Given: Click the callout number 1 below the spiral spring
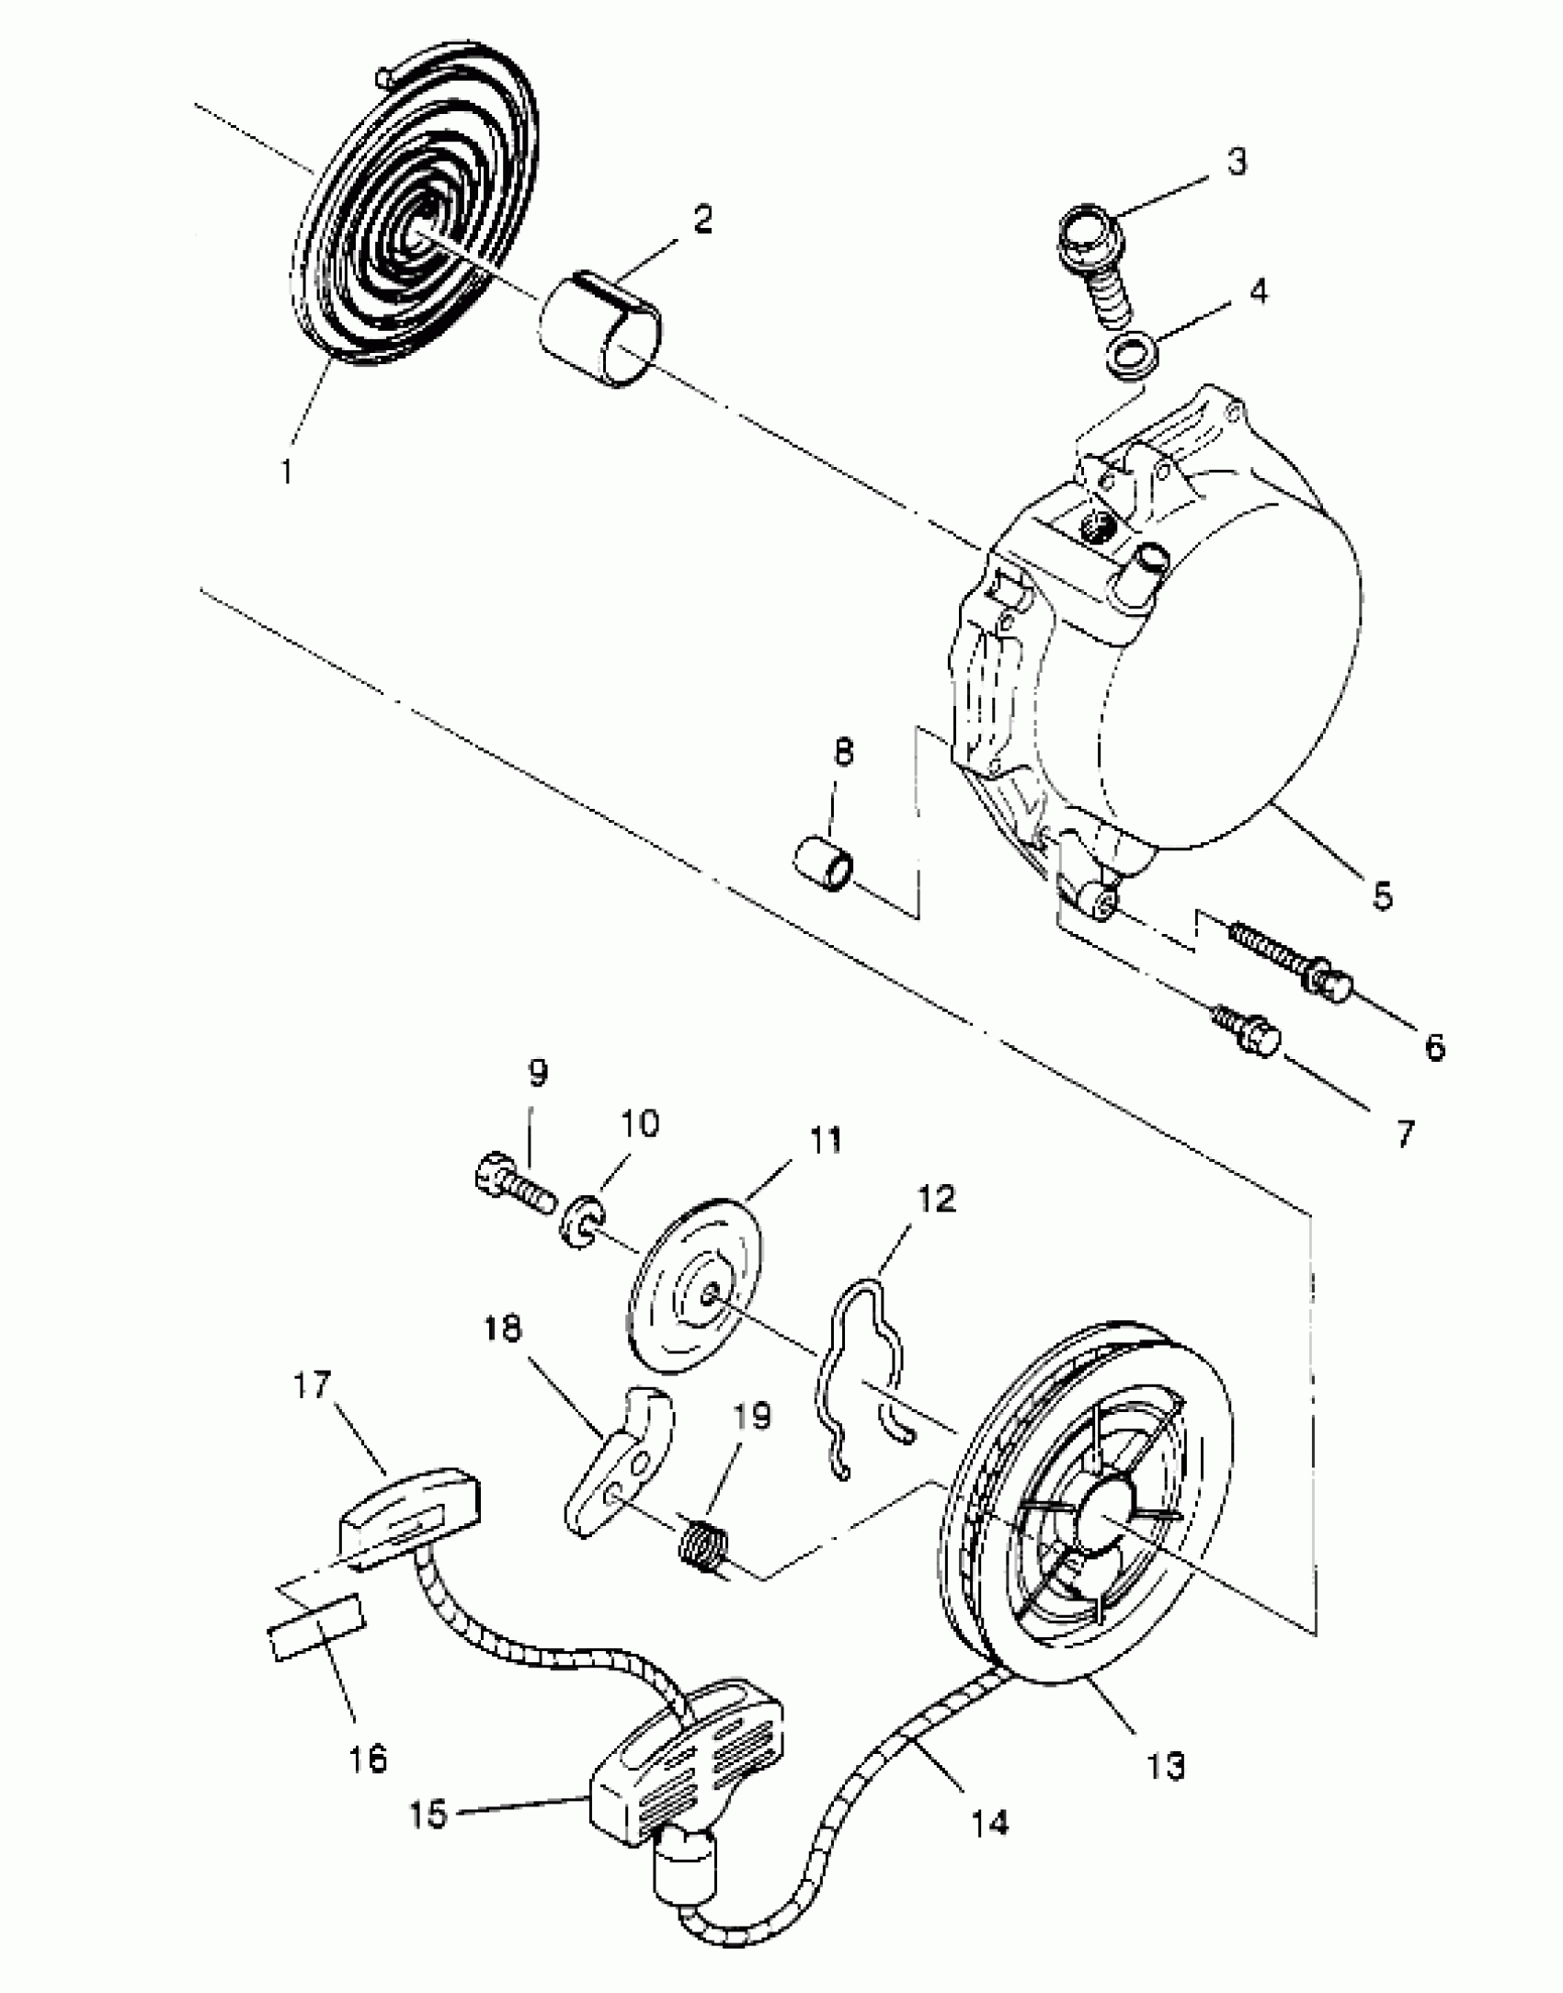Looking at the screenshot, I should tap(287, 472).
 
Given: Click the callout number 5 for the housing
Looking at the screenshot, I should tap(1382, 895).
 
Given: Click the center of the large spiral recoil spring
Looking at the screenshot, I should tap(418, 230).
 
